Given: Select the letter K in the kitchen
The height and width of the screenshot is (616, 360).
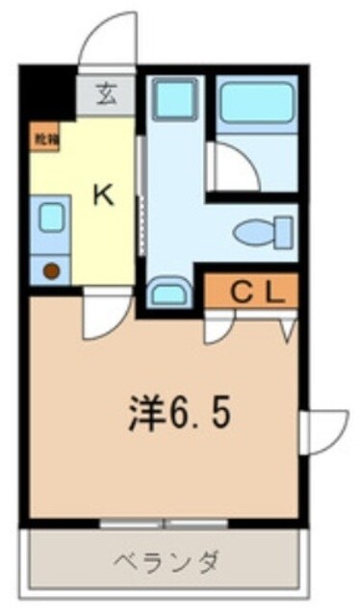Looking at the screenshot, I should coord(102,196).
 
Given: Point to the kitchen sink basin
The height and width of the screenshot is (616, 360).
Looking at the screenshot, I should coord(50,218).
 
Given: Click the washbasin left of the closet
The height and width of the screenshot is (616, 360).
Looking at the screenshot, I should coord(171,290).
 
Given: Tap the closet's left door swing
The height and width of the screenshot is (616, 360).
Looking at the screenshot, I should coord(219,327).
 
